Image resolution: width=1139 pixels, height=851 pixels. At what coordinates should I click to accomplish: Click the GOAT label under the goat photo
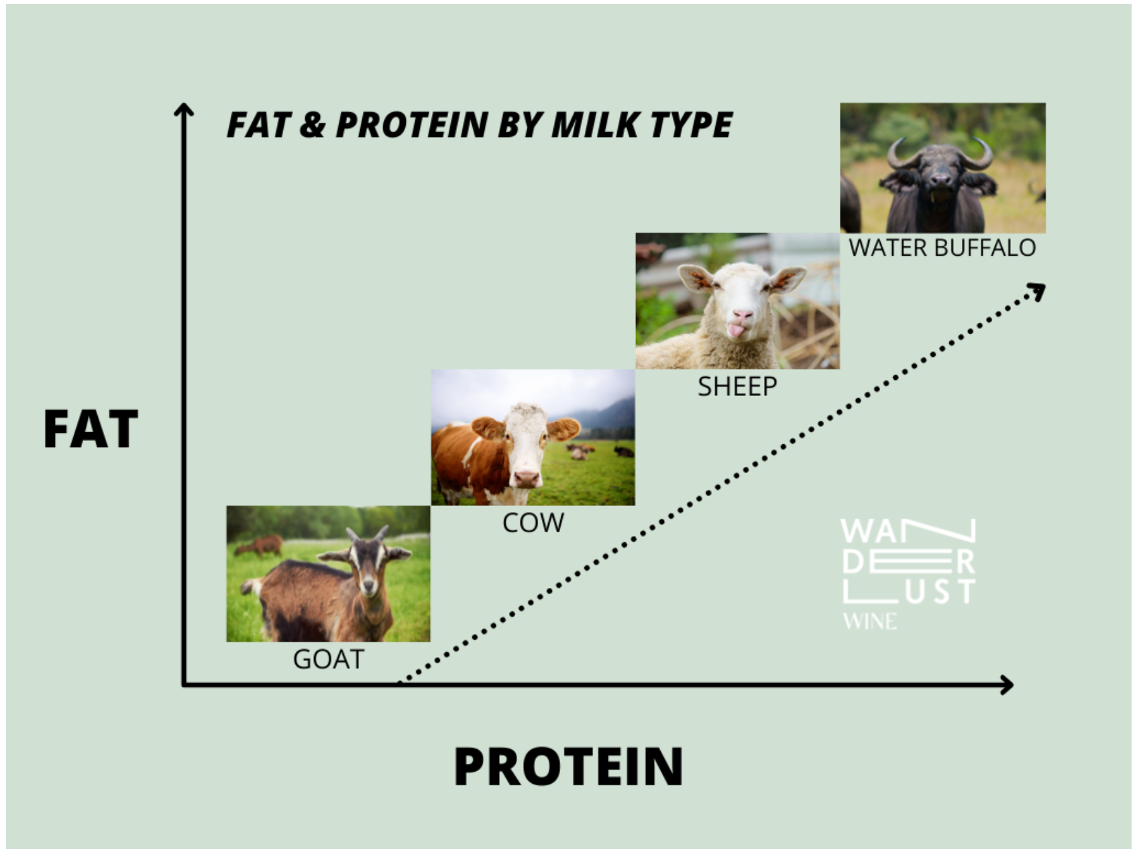tap(328, 659)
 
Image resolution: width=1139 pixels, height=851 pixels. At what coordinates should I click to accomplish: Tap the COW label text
tap(533, 523)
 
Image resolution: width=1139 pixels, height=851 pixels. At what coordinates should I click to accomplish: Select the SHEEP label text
tap(737, 387)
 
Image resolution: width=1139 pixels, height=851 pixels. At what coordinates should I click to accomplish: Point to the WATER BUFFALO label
tap(942, 248)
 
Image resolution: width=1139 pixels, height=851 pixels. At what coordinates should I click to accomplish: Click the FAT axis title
tap(91, 430)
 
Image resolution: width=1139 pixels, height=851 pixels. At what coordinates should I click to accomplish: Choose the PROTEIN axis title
tap(568, 766)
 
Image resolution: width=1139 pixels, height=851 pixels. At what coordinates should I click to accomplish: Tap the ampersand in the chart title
tap(312, 125)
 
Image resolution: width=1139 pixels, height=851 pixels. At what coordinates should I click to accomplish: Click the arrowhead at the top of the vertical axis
tap(183, 110)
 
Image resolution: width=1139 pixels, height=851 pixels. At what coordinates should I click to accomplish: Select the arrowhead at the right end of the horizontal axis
tap(1006, 685)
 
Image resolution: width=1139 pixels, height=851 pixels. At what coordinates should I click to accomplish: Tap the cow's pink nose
tap(527, 478)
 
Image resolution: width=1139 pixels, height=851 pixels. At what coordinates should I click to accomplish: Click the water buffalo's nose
tap(940, 179)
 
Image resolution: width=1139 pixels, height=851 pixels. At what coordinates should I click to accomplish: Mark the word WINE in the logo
tap(870, 621)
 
